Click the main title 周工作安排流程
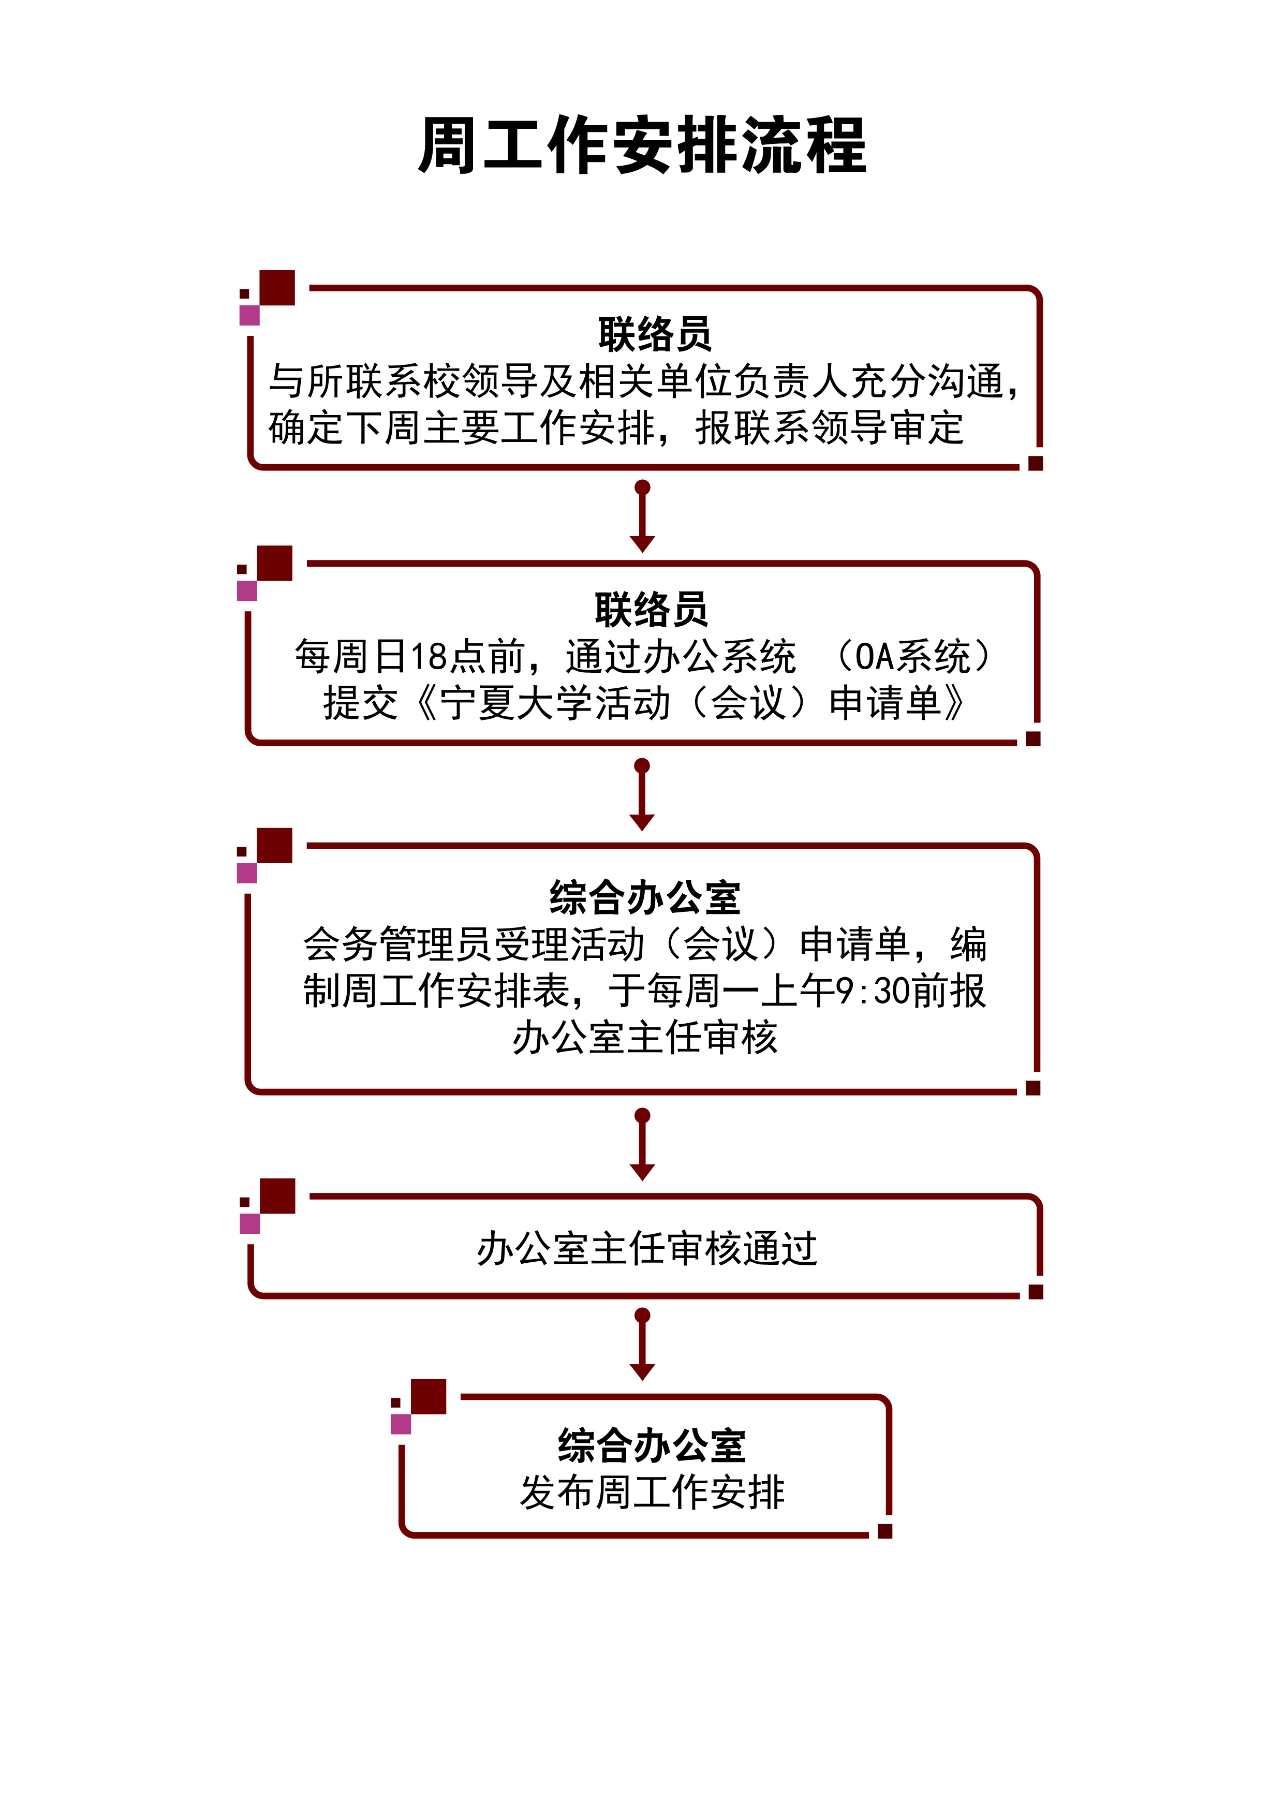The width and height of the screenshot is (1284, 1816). (642, 145)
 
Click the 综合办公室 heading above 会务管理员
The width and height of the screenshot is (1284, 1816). (645, 897)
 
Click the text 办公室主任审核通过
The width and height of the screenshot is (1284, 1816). (646, 1248)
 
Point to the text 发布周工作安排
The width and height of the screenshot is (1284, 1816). (652, 1492)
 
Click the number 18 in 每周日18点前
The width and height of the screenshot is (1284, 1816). (429, 656)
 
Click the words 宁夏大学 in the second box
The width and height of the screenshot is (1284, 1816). (516, 702)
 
